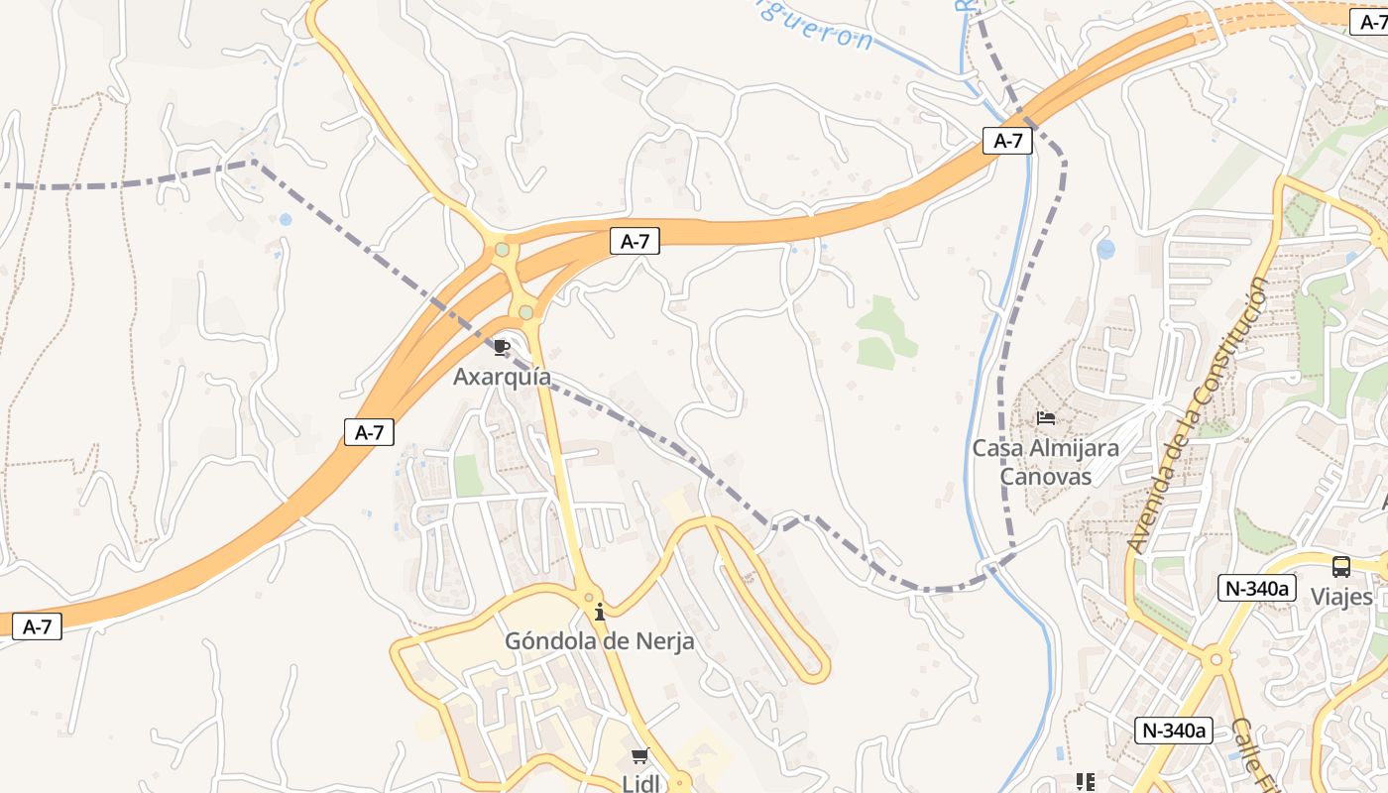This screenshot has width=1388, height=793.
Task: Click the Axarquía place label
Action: tap(502, 377)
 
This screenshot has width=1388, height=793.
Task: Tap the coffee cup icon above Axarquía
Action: tap(502, 347)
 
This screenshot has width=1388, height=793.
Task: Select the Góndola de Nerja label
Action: tap(599, 641)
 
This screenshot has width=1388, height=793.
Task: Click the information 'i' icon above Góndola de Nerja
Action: tap(599, 612)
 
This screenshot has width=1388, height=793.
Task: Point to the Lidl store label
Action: tap(640, 783)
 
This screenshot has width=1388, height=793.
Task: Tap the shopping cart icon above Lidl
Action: tap(640, 756)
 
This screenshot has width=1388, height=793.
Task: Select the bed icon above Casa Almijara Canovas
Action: tap(1045, 418)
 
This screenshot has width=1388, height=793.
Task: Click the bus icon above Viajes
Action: tap(1340, 567)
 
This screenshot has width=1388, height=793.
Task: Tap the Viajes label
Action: tap(1341, 597)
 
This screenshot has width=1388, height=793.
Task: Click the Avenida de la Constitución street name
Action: tap(1198, 414)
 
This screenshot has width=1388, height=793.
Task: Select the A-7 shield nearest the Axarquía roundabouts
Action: tap(635, 241)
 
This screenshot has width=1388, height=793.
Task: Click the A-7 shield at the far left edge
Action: tap(37, 626)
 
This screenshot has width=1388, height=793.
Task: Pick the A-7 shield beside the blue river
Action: tap(1007, 141)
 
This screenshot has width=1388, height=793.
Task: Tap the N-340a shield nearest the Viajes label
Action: tap(1257, 588)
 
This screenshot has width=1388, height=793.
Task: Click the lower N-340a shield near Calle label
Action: tap(1174, 731)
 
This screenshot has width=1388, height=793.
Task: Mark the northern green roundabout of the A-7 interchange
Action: tap(503, 250)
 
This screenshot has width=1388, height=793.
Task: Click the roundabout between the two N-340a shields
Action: tap(1215, 659)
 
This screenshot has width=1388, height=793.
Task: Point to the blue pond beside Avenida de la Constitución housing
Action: tap(1105, 249)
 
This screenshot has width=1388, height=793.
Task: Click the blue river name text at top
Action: tap(813, 25)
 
